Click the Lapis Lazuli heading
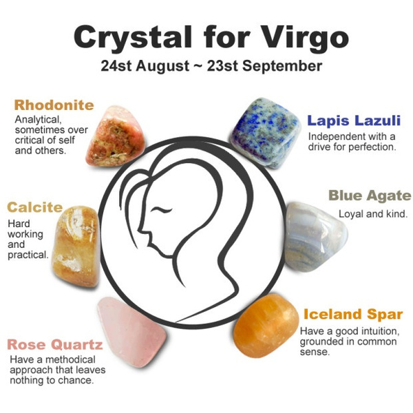(x=353, y=120)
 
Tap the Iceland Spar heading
(x=353, y=315)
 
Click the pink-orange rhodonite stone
(x=113, y=135)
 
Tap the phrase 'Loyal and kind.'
(x=372, y=213)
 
